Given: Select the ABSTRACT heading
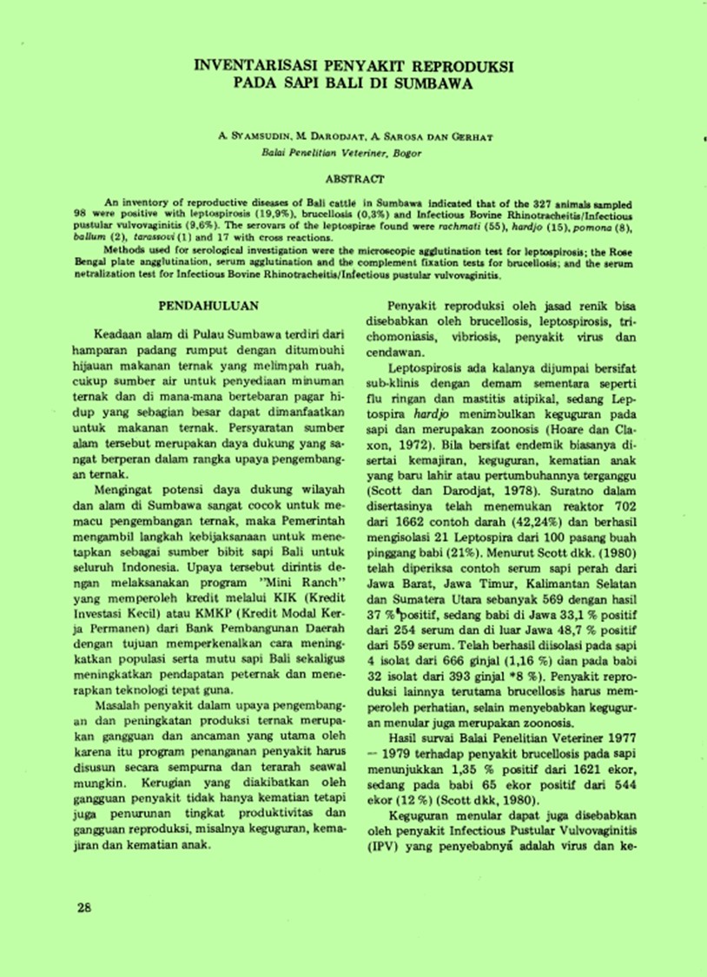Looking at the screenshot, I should (353, 179).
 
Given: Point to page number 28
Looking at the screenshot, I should (83, 908).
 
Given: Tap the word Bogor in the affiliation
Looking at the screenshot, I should (406, 152).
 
